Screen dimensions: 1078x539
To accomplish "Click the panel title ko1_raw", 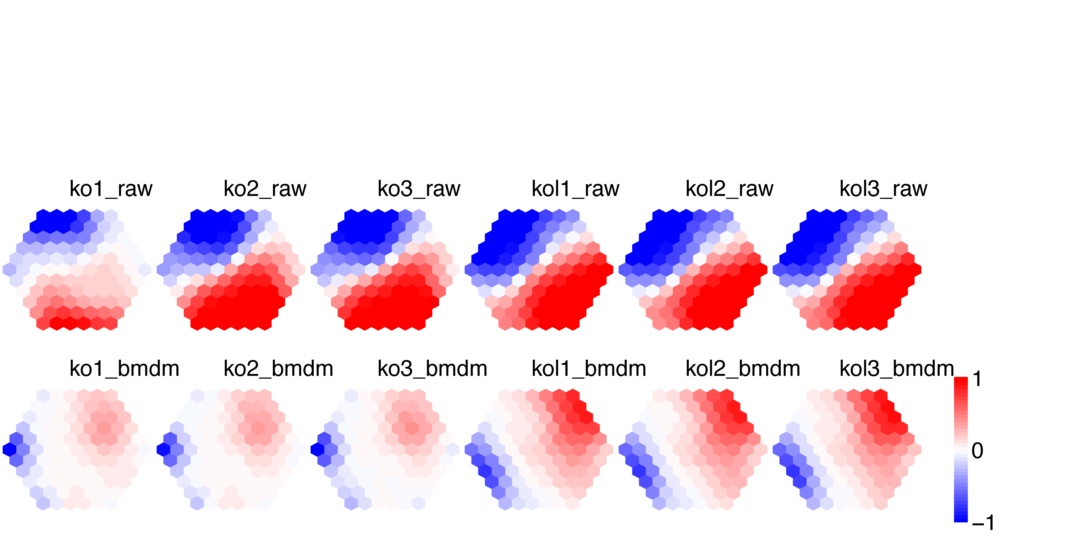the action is pos(111,189).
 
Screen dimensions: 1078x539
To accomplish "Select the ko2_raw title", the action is pos(265,189).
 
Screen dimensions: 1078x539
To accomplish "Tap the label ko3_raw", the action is pos(419,189).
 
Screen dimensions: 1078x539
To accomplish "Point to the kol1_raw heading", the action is pos(575,189).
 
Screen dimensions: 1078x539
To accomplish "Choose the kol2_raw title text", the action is pos(729,189).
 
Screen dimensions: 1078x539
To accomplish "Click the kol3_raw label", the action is pos(883,189).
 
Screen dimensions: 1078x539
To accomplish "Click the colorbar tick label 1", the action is pos(977,379).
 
